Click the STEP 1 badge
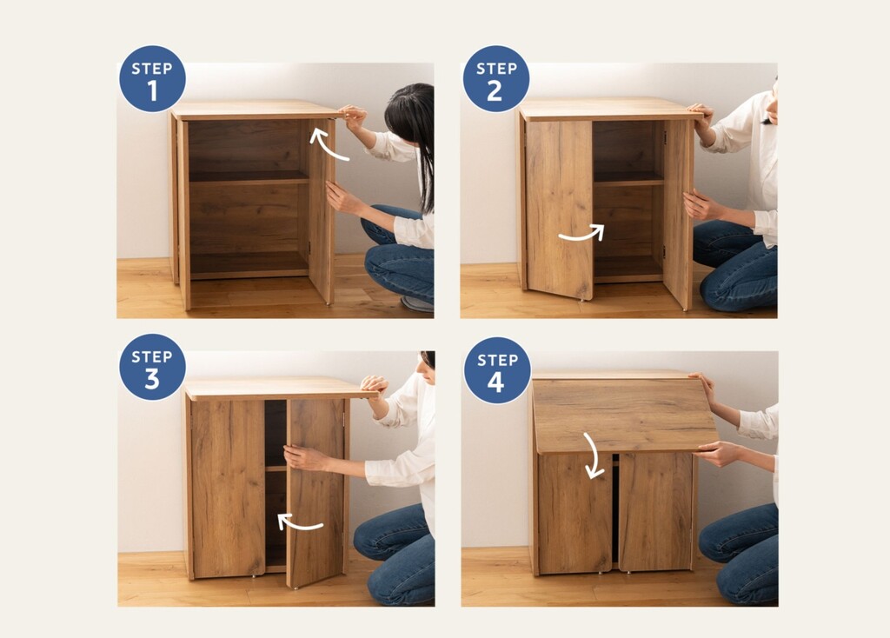(152, 79)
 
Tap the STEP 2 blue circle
(496, 79)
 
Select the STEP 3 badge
(152, 368)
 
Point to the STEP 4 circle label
(497, 370)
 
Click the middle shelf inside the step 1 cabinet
(249, 177)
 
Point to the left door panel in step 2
(559, 209)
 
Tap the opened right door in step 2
(678, 214)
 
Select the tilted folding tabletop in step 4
(624, 415)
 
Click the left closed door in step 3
(229, 488)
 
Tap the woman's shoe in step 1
(417, 303)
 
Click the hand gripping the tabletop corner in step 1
(353, 116)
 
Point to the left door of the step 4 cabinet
(575, 513)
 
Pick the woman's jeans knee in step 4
(715, 537)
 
